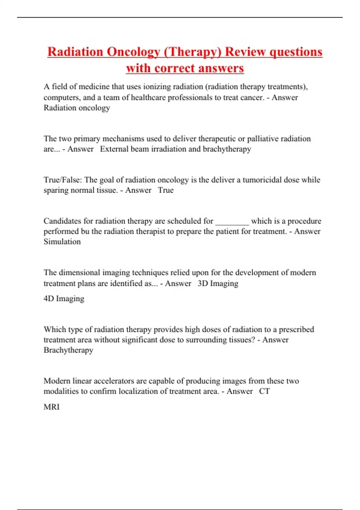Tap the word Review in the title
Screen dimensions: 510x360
click(245, 52)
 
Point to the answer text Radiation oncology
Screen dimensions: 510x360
click(77, 108)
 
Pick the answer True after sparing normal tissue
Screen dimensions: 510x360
click(166, 190)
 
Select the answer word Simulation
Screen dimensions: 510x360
click(62, 242)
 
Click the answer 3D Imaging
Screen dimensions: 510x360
click(218, 283)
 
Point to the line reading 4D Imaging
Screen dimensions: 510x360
click(64, 299)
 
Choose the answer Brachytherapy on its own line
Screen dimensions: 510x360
click(68, 350)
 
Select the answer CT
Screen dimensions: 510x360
click(264, 391)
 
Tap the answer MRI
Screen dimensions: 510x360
click(52, 407)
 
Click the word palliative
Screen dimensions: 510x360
click(263, 139)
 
